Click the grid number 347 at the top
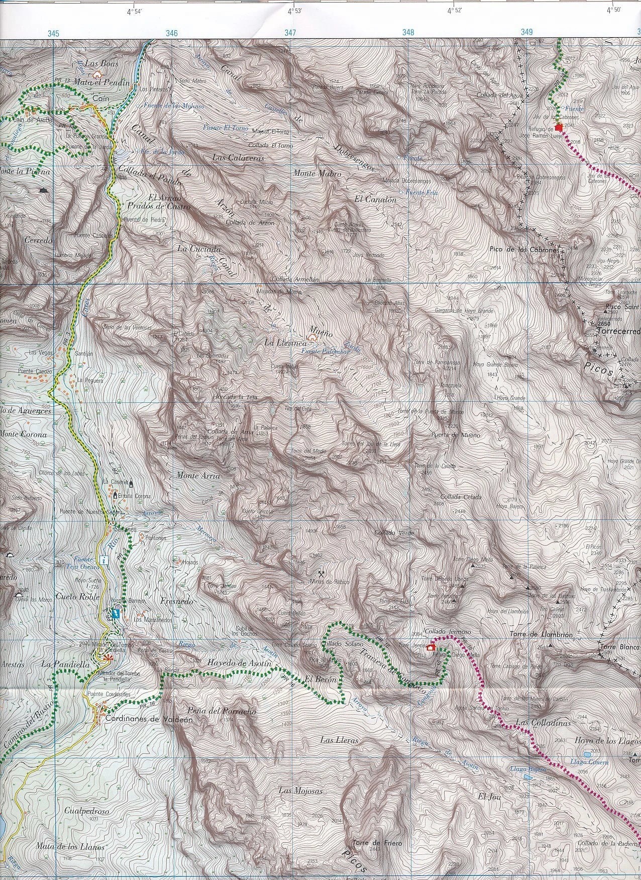(x=290, y=33)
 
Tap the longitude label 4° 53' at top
(x=294, y=11)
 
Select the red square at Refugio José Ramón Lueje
(x=559, y=127)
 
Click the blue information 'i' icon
(x=103, y=559)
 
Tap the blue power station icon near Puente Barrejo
(x=117, y=613)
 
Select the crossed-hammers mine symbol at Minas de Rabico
(x=322, y=573)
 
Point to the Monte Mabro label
(x=317, y=174)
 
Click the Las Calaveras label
(x=238, y=158)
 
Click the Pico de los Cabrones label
(x=523, y=250)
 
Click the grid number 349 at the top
(x=526, y=32)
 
